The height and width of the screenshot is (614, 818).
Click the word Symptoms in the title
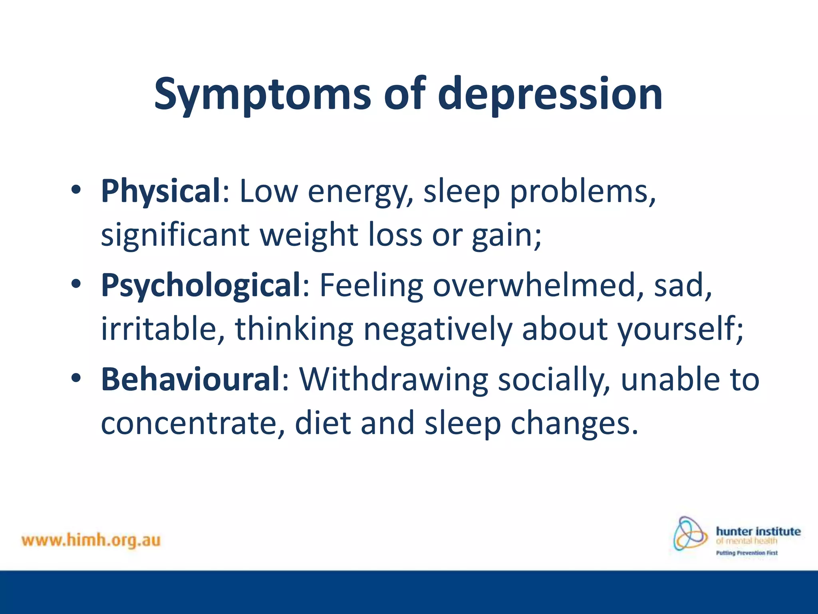click(x=262, y=94)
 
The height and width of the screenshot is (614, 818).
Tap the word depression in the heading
click(x=550, y=94)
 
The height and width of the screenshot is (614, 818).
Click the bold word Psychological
click(x=201, y=285)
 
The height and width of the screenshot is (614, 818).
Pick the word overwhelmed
click(x=534, y=285)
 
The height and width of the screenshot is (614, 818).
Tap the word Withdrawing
click(x=394, y=379)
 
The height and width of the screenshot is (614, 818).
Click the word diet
click(x=323, y=423)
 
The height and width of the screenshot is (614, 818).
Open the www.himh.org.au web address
click(x=91, y=540)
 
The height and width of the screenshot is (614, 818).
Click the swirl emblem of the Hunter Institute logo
click(x=690, y=534)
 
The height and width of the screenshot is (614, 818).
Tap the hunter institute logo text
click(x=758, y=531)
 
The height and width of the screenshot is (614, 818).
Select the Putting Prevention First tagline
click(x=747, y=553)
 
